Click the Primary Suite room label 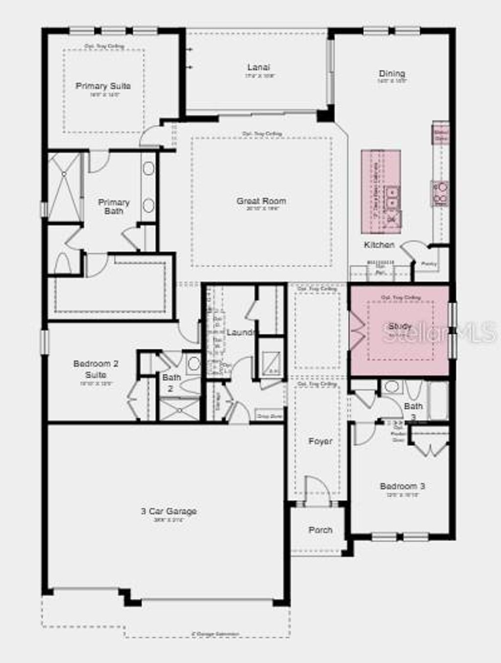(x=103, y=86)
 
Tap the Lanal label (x=258, y=67)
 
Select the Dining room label (x=392, y=74)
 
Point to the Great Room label (x=261, y=201)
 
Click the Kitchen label (x=379, y=244)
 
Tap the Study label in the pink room (x=400, y=326)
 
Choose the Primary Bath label (x=114, y=207)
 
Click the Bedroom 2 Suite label (x=96, y=369)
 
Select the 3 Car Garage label (x=169, y=512)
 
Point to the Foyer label (x=320, y=441)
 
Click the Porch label (x=320, y=530)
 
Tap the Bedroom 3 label (x=402, y=486)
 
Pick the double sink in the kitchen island (x=392, y=198)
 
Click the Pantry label (x=429, y=264)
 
